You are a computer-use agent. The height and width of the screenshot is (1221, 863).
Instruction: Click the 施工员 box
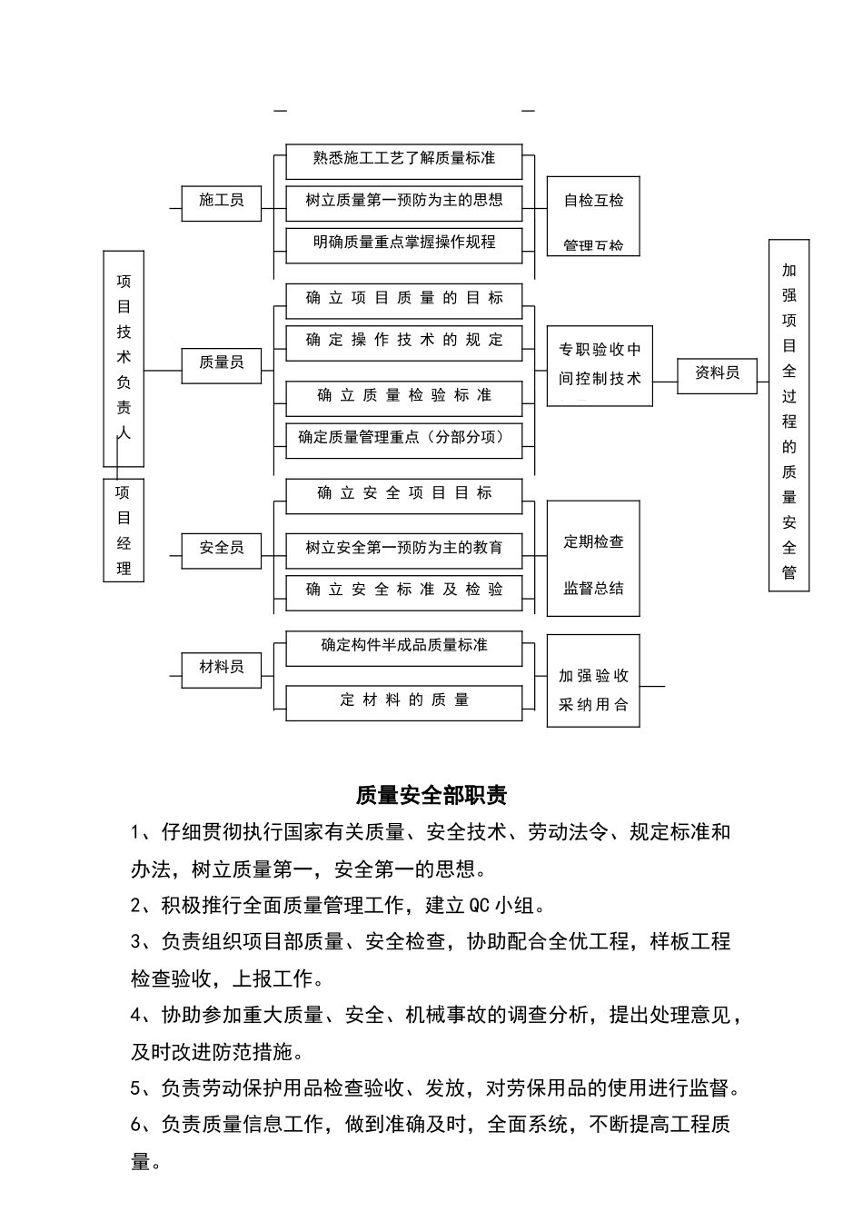(x=222, y=201)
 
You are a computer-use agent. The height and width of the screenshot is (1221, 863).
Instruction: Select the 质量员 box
(x=222, y=362)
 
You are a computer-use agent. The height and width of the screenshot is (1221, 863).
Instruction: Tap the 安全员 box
(x=222, y=548)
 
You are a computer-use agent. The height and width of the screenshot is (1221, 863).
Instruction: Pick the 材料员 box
(x=222, y=668)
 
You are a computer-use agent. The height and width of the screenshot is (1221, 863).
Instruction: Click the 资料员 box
(x=718, y=373)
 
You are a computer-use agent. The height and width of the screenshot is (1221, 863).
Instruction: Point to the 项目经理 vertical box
(x=124, y=531)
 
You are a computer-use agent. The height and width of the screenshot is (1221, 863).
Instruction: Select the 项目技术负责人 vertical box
(x=124, y=358)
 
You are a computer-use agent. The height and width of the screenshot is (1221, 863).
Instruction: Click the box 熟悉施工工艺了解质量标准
(x=404, y=159)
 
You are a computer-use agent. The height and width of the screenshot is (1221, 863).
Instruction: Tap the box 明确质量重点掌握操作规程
(x=404, y=243)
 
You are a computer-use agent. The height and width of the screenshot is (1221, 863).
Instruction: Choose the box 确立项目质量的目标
(x=404, y=298)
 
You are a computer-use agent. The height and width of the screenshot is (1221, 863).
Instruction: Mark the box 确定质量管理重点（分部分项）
(x=404, y=438)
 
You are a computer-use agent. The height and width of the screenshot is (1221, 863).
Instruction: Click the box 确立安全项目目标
(x=404, y=493)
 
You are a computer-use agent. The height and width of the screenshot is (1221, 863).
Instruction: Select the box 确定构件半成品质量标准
(x=404, y=646)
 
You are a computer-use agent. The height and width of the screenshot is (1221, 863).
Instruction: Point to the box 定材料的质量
(x=404, y=700)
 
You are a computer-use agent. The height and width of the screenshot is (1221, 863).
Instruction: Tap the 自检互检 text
(x=594, y=201)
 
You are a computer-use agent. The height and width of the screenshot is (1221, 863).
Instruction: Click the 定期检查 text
(x=594, y=542)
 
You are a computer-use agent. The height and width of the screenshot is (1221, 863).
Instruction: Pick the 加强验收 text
(x=594, y=676)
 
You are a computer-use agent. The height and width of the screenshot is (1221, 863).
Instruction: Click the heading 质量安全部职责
(x=431, y=796)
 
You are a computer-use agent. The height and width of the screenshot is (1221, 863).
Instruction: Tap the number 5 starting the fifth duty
(x=136, y=1088)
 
